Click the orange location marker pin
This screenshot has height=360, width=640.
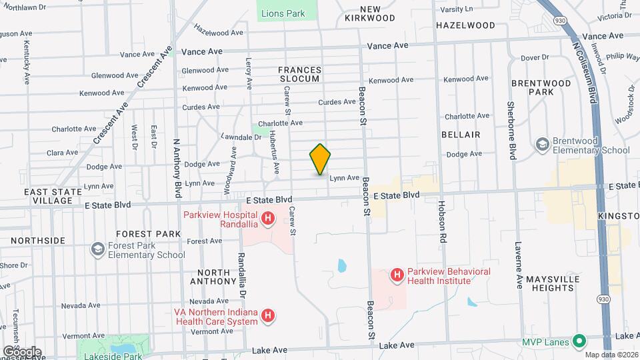pyautogui.click(x=320, y=159)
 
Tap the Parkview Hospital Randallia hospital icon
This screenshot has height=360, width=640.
pyautogui.click(x=267, y=217)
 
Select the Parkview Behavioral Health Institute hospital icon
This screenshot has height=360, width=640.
pyautogui.click(x=397, y=275)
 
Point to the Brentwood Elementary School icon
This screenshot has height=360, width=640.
pyautogui.click(x=542, y=144)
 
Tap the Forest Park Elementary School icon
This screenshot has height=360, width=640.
pyautogui.click(x=97, y=249)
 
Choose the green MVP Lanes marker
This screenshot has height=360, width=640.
pyautogui.click(x=579, y=342)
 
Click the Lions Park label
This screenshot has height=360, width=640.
pyautogui.click(x=283, y=13)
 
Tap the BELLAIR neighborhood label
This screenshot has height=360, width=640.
pyautogui.click(x=461, y=135)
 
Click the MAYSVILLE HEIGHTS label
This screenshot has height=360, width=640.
pyautogui.click(x=549, y=283)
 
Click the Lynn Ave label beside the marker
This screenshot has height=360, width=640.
pyautogui.click(x=345, y=178)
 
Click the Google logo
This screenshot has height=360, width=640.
pyautogui.click(x=22, y=351)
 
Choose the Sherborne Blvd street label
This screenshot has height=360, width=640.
pyautogui.click(x=513, y=131)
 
